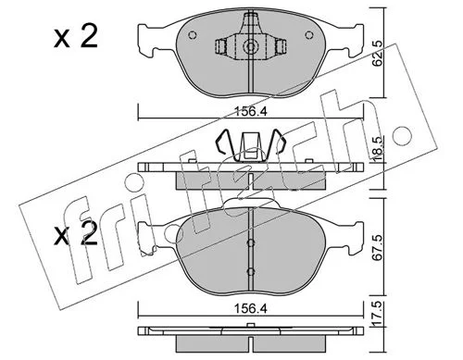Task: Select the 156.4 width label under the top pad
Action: coord(251,111)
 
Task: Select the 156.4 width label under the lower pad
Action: coord(251,308)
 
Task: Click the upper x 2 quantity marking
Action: coord(76,36)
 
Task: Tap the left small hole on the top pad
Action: coord(192,35)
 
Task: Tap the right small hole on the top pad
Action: coord(309,35)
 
